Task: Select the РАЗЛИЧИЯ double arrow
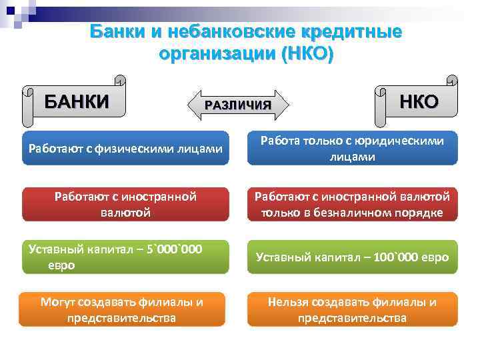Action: click(238, 105)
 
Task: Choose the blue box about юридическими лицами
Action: click(352, 148)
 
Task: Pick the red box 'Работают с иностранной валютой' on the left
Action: click(125, 204)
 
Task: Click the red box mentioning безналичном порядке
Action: click(352, 204)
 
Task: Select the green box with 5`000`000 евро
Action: click(125, 257)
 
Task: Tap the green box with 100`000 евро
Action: click(352, 257)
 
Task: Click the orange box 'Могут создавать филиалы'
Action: click(125, 309)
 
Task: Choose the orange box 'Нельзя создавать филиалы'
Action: click(352, 309)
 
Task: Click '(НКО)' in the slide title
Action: click(306, 53)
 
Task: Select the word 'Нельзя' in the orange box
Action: click(289, 302)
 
